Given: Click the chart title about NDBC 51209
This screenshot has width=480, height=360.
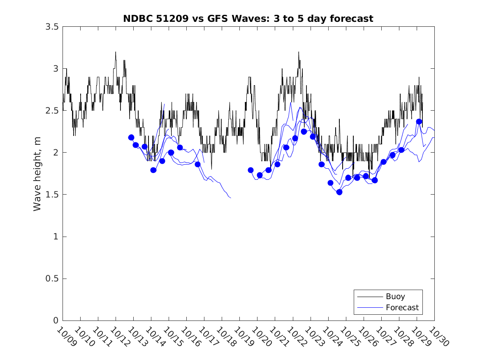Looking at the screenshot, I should pyautogui.click(x=248, y=19).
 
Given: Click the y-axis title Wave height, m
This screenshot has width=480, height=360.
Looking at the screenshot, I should pyautogui.click(x=37, y=174).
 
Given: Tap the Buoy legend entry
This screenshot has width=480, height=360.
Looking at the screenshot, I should pyautogui.click(x=395, y=296).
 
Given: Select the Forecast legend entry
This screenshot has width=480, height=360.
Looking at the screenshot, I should pyautogui.click(x=402, y=307).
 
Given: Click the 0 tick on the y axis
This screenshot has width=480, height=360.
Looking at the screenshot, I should pyautogui.click(x=56, y=321).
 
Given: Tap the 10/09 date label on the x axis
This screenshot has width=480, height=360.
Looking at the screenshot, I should pyautogui.click(x=67, y=337).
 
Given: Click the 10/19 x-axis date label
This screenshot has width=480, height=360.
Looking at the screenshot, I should pyautogui.click(x=244, y=337).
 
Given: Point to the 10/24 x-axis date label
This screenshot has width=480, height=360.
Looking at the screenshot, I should pyautogui.click(x=332, y=337).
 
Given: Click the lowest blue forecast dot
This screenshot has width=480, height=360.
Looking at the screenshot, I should pyautogui.click(x=339, y=192).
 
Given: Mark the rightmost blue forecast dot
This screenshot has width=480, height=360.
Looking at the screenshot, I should pyautogui.click(x=419, y=121).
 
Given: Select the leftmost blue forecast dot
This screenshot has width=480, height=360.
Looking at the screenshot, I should pyautogui.click(x=131, y=137).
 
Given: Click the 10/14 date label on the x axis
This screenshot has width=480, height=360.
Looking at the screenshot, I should pyautogui.click(x=155, y=337).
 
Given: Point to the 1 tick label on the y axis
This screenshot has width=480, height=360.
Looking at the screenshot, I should pyautogui.click(x=56, y=237).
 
